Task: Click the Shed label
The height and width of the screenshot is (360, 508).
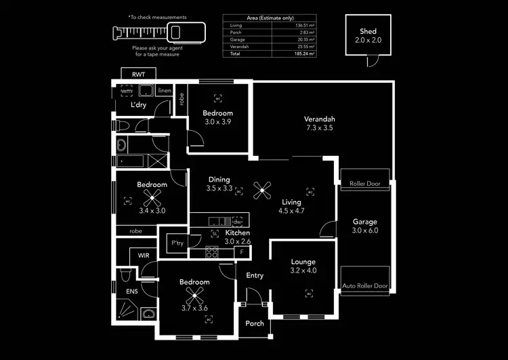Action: click(368, 31)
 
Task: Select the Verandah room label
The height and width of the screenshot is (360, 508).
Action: click(320, 119)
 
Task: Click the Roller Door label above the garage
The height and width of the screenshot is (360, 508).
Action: click(365, 184)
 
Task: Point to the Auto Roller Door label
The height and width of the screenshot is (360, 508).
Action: click(365, 286)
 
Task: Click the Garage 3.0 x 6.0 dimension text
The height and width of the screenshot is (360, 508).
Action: click(365, 231)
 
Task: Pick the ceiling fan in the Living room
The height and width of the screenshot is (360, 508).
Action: click(261, 191)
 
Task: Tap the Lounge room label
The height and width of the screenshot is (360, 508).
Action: click(303, 261)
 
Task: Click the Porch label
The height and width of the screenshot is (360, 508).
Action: click(255, 323)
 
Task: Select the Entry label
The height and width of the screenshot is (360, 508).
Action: click(255, 275)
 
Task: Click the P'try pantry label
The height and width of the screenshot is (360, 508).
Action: click(177, 243)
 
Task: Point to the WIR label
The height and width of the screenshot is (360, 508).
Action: click(144, 256)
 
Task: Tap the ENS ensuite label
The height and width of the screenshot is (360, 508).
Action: click(131, 292)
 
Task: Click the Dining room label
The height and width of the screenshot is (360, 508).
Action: click(220, 180)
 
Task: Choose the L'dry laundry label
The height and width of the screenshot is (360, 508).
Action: click(138, 105)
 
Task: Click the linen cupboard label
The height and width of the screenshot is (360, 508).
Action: click(164, 90)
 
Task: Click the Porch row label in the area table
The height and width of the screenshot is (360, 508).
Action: click(236, 32)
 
